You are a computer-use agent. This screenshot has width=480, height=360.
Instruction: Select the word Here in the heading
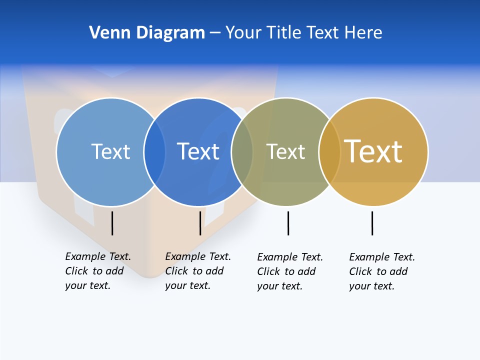coord(363,32)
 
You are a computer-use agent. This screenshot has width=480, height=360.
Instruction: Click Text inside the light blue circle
coord(110,151)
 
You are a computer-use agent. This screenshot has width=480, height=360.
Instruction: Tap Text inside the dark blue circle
coord(198,151)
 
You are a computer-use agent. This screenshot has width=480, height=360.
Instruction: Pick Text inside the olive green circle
coord(285,151)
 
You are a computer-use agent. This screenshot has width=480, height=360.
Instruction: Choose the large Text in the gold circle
coord(373,151)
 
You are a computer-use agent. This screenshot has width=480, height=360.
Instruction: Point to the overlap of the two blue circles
coord(154,151)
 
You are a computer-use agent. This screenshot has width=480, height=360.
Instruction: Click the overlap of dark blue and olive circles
coord(242,151)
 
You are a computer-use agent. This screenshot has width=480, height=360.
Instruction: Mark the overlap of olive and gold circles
coord(329,151)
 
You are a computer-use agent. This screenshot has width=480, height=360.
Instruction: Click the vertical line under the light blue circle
coord(112,223)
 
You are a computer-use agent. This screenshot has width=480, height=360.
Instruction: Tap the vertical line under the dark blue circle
coord(200,223)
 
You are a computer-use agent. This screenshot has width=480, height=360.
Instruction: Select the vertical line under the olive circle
coord(288,223)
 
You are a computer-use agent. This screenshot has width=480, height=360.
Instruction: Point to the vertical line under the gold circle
coord(372,223)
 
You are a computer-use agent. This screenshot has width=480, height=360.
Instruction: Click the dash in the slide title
coord(215,33)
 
